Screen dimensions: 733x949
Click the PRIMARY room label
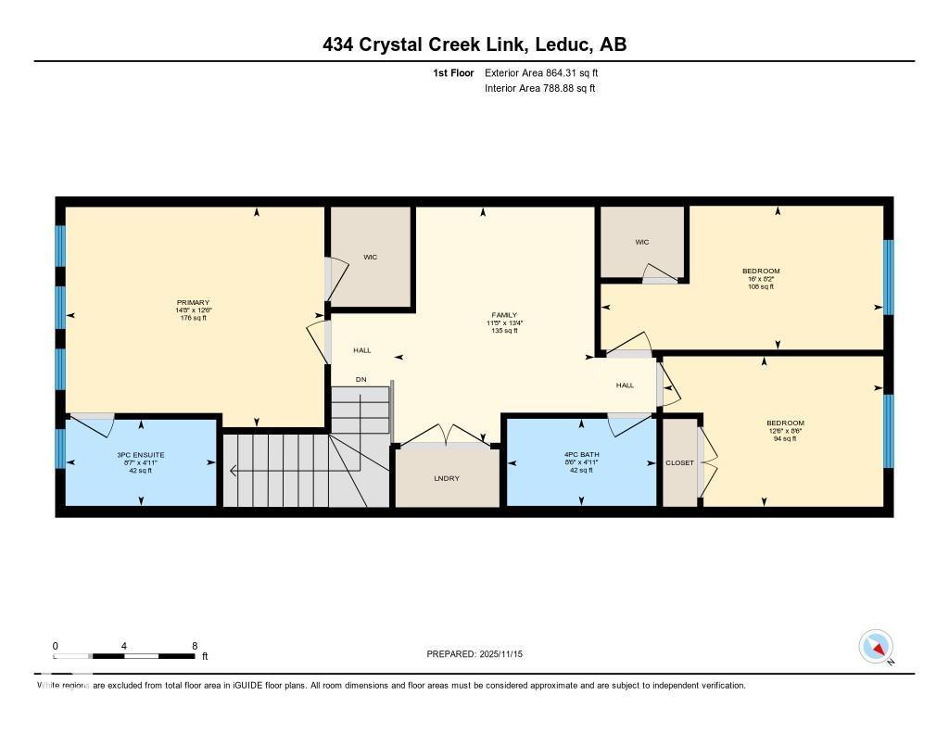click(x=193, y=302)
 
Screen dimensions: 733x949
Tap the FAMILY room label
click(x=503, y=315)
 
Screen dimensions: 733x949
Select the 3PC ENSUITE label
click(x=140, y=455)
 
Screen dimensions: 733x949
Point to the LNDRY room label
click(x=447, y=478)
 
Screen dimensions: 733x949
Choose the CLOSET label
click(x=679, y=462)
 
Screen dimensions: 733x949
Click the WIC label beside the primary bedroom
click(x=370, y=257)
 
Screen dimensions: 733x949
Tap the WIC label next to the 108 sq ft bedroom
click(x=642, y=242)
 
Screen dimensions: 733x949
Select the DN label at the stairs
click(x=361, y=380)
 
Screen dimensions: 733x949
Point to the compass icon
click(x=876, y=647)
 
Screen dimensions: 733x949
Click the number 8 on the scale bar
click(x=194, y=646)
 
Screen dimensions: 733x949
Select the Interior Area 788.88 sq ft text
click(x=540, y=88)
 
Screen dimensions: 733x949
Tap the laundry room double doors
click(x=448, y=436)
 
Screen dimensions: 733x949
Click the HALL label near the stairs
click(x=361, y=350)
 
